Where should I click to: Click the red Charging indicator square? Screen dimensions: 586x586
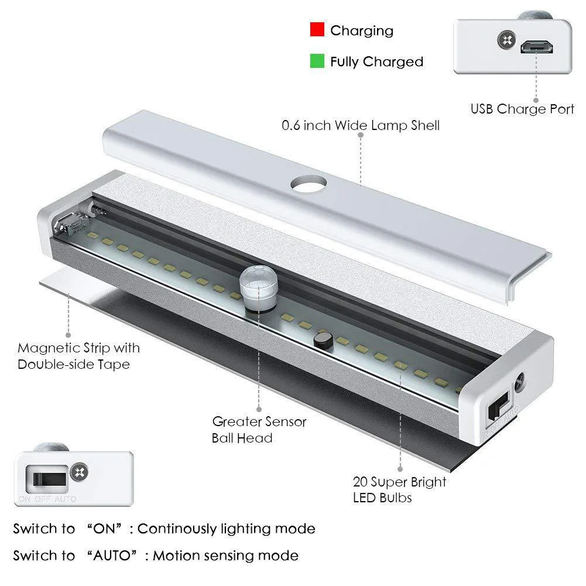coord(317,29)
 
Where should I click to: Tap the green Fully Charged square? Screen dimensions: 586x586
coord(317,61)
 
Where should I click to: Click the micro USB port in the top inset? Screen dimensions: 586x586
coord(537,47)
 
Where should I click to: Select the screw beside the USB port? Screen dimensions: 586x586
coord(507,40)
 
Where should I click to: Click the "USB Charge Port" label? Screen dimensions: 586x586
coord(522,109)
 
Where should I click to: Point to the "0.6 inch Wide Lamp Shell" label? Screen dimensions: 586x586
coord(360,125)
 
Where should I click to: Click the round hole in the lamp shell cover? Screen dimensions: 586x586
coord(309,184)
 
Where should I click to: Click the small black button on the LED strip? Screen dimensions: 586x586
coord(323,341)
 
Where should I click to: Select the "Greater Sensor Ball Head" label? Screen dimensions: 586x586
coord(259,430)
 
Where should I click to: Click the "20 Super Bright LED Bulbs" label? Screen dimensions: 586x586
coord(399,489)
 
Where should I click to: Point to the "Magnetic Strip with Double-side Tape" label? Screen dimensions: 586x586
coord(78,356)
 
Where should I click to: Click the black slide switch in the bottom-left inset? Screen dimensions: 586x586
coord(49,479)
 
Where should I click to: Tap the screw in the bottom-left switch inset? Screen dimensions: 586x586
coord(80,472)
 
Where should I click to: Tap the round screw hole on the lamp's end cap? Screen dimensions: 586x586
coord(520,382)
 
